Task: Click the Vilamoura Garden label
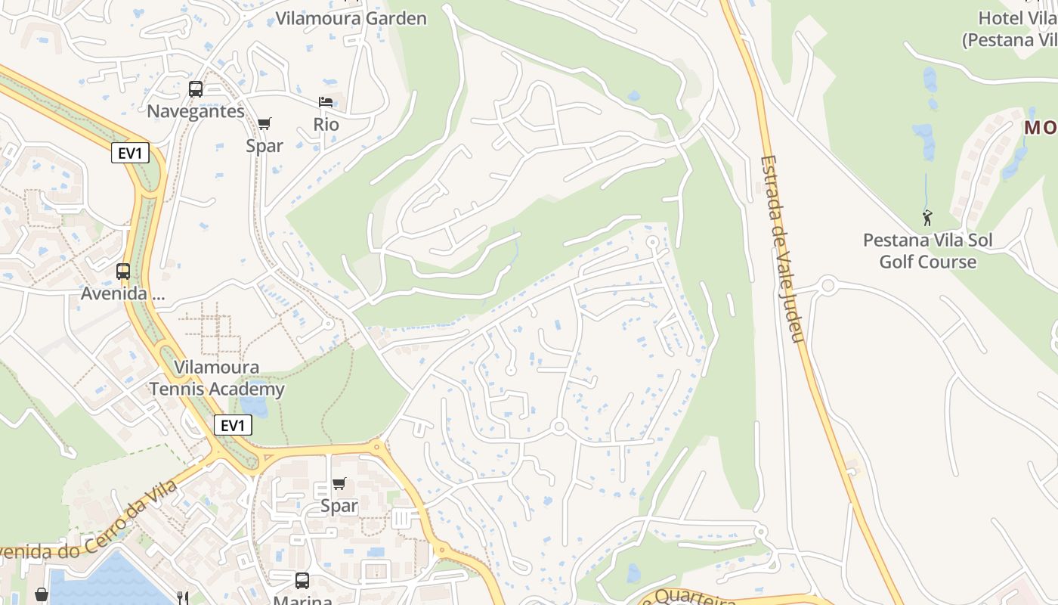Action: pyautogui.click(x=351, y=18)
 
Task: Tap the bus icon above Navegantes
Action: pyautogui.click(x=196, y=89)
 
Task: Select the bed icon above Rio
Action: pyautogui.click(x=326, y=102)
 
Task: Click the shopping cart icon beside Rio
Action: pyautogui.click(x=264, y=123)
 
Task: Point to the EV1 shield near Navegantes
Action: pyautogui.click(x=130, y=154)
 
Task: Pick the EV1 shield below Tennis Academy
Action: pyautogui.click(x=232, y=426)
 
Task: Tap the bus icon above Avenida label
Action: pyautogui.click(x=122, y=271)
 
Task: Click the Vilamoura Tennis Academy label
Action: pyautogui.click(x=216, y=378)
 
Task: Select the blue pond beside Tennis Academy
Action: pyautogui.click(x=256, y=406)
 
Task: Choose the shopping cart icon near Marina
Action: pyautogui.click(x=339, y=483)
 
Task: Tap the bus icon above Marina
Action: pyautogui.click(x=302, y=580)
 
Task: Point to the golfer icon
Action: pyautogui.click(x=927, y=218)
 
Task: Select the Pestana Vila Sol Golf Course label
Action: pyautogui.click(x=927, y=251)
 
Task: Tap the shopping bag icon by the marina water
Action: pyautogui.click(x=42, y=595)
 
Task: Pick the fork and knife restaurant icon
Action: pyautogui.click(x=182, y=597)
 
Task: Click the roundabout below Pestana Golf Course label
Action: pyautogui.click(x=828, y=286)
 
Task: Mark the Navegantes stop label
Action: pyautogui.click(x=196, y=111)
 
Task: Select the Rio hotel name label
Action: pyautogui.click(x=326, y=125)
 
